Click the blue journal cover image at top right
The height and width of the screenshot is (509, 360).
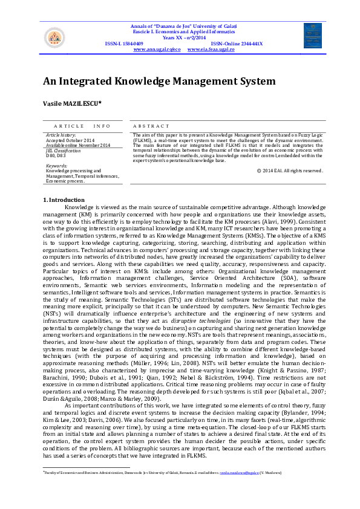[313, 36]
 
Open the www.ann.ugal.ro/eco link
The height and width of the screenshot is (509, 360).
[157, 49]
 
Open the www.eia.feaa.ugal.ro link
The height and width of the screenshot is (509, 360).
[211, 49]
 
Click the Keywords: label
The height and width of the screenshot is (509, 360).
[56, 165]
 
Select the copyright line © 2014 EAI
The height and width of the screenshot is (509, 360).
[289, 170]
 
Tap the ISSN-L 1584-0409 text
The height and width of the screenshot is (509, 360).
[124, 44]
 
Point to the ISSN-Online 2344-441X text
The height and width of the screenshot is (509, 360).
[237, 44]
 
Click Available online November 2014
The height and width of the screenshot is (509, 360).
[78, 145]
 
